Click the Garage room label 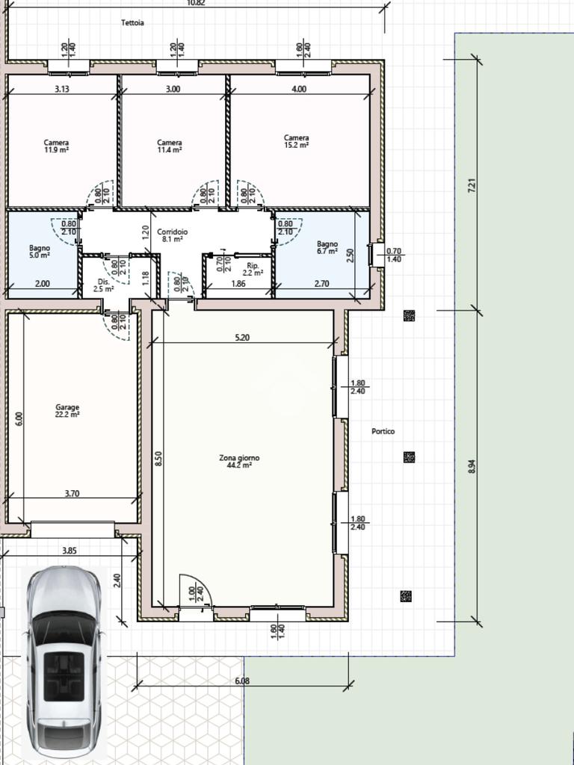click(67, 411)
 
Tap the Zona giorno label click(239, 462)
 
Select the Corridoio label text click(173, 235)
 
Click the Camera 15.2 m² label click(296, 141)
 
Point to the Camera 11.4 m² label click(170, 146)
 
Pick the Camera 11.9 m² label click(56, 146)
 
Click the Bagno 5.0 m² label click(40, 251)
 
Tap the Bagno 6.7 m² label click(327, 247)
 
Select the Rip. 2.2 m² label click(253, 269)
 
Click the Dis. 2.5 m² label click(103, 285)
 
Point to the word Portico click(383, 431)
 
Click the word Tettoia click(132, 22)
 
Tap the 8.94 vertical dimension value click(472, 466)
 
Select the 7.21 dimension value click(472, 186)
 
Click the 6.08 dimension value click(242, 681)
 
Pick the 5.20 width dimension click(242, 337)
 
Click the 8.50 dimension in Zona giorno click(158, 459)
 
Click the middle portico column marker click(409, 457)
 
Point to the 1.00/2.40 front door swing click(195, 591)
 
